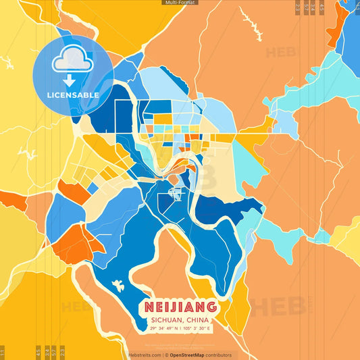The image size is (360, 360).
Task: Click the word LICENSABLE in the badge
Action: (73, 95)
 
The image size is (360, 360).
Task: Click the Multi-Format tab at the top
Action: (180, 3)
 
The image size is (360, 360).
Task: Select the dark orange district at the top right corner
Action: (336, 30)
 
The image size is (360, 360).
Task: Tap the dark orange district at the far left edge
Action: (11, 200)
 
